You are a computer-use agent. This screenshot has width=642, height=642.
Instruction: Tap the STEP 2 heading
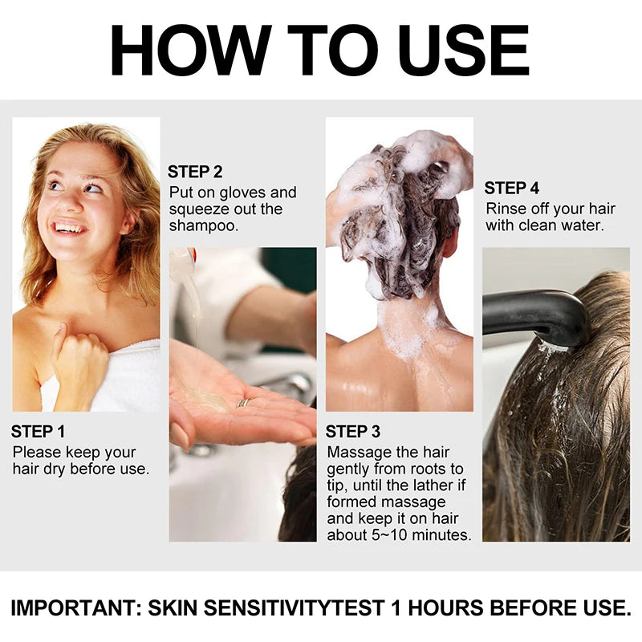[195, 172]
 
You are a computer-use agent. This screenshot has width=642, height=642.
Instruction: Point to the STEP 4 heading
[512, 189]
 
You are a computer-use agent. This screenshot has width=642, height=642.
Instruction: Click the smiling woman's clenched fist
[81, 361]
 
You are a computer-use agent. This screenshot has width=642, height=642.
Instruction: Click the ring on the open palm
[242, 403]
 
